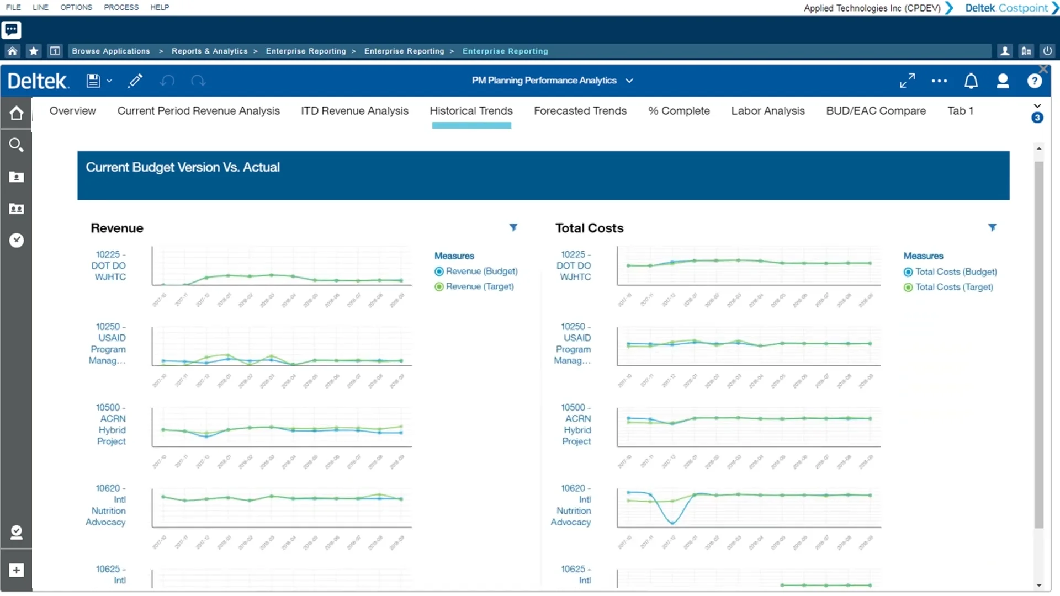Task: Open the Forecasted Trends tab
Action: coord(580,111)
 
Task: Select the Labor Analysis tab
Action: coord(767,111)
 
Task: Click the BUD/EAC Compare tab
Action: coord(876,111)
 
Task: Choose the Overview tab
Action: coord(72,111)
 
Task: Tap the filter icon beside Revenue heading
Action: coord(513,227)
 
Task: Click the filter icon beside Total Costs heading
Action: coord(992,227)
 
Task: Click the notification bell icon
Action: coord(971,81)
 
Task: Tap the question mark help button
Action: coord(1034,81)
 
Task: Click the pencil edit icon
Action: coord(135,81)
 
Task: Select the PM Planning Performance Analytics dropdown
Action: coord(552,81)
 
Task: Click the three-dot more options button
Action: coord(939,81)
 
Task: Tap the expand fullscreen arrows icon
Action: coord(907,81)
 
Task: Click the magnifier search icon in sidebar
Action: coord(16,145)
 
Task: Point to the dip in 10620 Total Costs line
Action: coord(672,522)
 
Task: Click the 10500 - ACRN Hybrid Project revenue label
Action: coord(111,424)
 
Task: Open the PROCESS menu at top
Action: coord(121,7)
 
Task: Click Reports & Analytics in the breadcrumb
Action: coord(209,51)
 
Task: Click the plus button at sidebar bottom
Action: coord(16,570)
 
